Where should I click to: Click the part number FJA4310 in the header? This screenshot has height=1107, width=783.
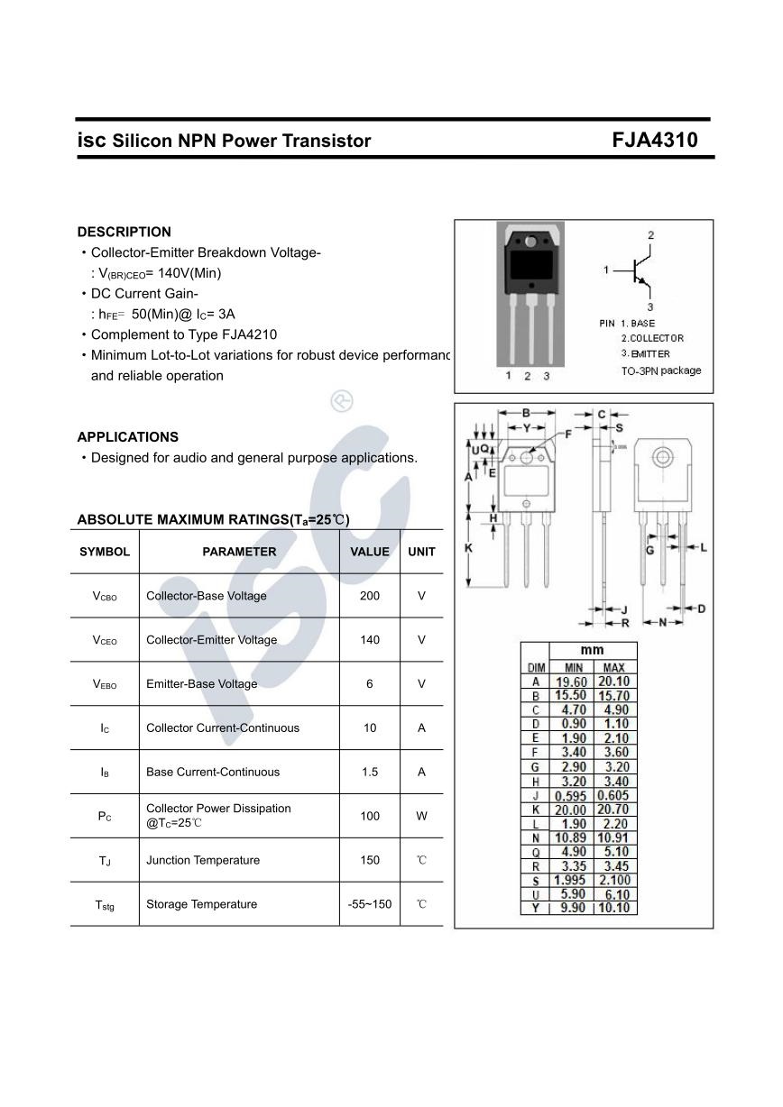tap(654, 141)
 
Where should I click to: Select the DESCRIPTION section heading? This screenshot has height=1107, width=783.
tap(124, 232)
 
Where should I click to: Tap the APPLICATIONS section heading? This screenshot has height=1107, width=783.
tap(127, 437)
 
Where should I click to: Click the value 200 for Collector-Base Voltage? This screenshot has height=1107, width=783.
tap(370, 596)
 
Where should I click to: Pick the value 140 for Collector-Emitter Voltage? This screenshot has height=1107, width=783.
tap(370, 640)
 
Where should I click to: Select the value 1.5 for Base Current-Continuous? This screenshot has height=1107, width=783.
tap(370, 772)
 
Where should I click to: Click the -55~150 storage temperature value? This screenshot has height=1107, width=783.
tap(370, 904)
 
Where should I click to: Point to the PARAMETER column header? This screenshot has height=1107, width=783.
tap(239, 552)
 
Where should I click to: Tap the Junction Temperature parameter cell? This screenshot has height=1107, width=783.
tap(203, 860)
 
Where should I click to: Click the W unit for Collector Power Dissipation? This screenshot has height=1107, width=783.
tap(421, 816)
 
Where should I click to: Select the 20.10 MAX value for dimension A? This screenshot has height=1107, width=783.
tap(613, 682)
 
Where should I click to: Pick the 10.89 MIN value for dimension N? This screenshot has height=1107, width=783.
tap(570, 837)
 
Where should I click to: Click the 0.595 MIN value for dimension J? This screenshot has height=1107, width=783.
tap(570, 796)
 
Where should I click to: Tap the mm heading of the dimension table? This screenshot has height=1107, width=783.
tap(592, 650)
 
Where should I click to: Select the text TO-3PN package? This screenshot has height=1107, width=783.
tap(660, 371)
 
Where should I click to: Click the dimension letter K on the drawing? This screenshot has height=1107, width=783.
tap(468, 547)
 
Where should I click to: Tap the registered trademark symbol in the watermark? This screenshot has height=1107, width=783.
tap(342, 401)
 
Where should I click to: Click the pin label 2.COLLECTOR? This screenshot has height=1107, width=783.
tap(651, 338)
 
